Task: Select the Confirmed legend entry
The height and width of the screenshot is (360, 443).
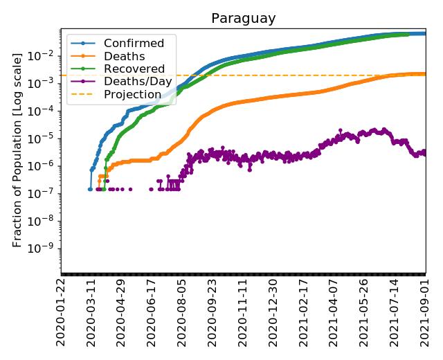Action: (x=134, y=44)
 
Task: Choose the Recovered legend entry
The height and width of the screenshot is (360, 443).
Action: (x=134, y=69)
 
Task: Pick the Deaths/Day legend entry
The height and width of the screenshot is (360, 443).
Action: (x=138, y=82)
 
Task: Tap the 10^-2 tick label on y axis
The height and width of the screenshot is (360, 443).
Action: (x=46, y=55)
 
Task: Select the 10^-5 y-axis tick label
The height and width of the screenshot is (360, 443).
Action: (x=46, y=138)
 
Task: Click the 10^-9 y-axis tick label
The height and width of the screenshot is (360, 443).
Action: (x=46, y=249)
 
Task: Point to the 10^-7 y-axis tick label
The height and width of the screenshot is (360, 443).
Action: (x=46, y=193)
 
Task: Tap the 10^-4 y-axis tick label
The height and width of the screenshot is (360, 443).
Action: (x=46, y=110)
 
